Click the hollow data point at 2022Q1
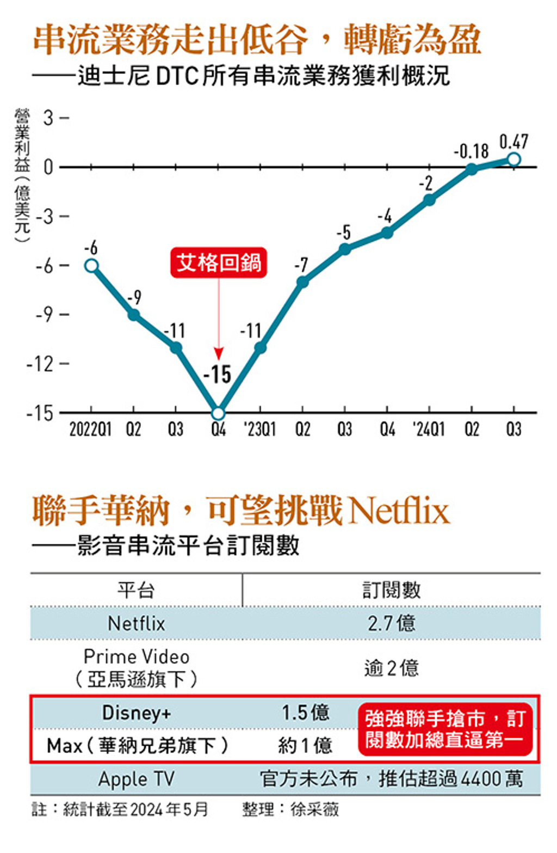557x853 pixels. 91,266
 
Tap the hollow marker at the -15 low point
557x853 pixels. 218,413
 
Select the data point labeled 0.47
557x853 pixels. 513,159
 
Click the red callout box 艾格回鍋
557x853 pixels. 218,262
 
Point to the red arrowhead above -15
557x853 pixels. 218,353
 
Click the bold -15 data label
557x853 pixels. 217,374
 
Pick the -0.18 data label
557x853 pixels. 471,151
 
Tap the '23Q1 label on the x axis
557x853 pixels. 259,429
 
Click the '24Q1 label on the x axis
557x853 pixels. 429,429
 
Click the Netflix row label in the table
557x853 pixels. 136,623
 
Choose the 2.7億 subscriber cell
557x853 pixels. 391,623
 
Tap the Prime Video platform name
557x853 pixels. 136,656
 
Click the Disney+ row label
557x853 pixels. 136,712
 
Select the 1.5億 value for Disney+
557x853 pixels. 305,712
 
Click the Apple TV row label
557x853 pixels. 136,778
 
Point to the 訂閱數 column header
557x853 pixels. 391,590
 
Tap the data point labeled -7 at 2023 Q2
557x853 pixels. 302,282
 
